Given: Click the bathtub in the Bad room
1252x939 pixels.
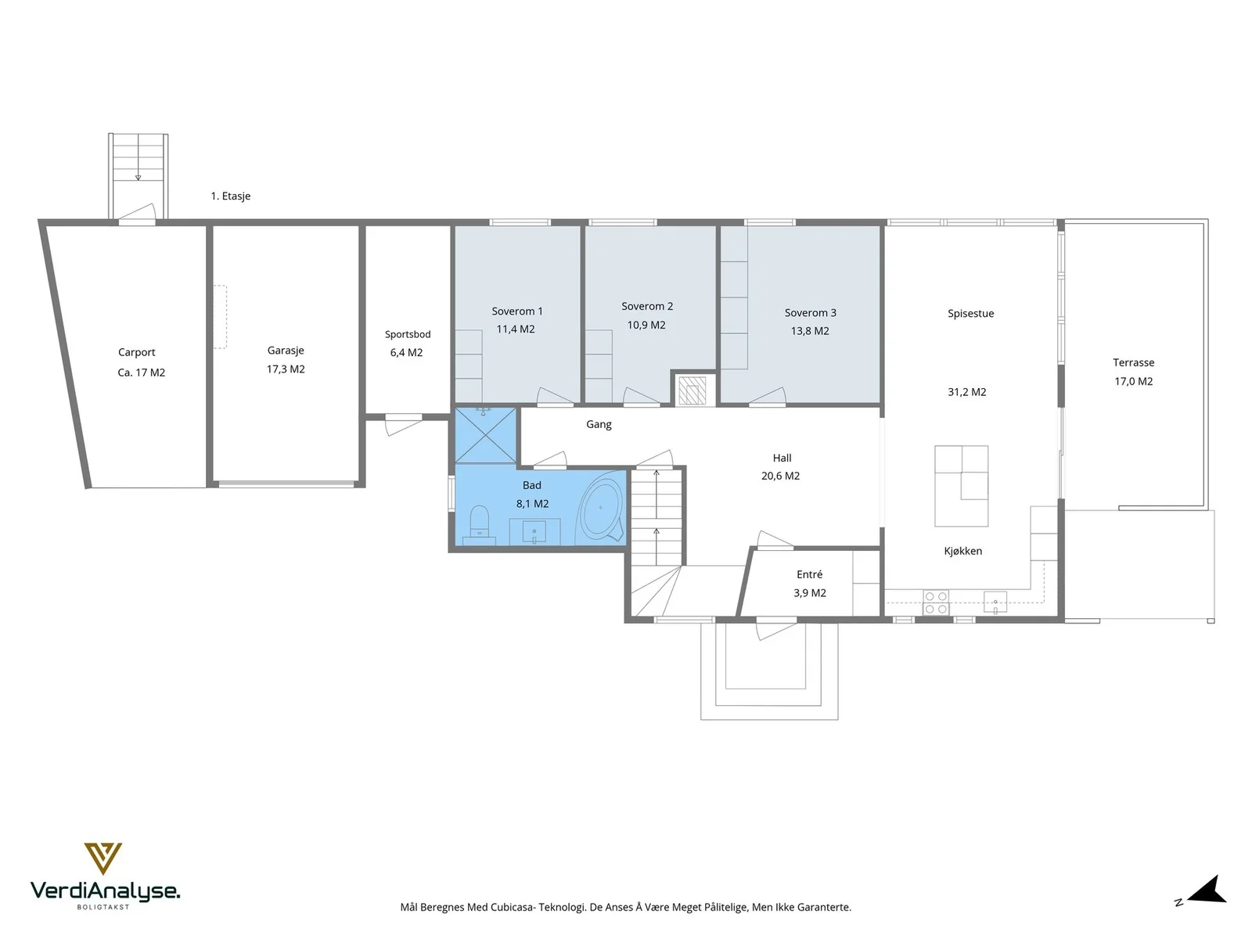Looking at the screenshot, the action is coord(603,507).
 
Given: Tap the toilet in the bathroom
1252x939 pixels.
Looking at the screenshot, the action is coord(479,521).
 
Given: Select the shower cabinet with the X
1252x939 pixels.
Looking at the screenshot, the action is coord(485,435).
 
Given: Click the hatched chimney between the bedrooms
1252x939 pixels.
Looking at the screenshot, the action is coord(692,390).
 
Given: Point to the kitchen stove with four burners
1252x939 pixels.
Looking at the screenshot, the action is coord(935,603).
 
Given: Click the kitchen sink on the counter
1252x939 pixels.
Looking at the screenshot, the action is coord(995,603).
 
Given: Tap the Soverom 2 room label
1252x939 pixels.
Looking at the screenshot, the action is coord(647,306).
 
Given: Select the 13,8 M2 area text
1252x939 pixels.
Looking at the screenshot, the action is coord(809,331).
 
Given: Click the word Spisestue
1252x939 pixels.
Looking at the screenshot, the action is coord(970,313).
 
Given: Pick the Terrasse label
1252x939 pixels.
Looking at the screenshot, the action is coord(1133,362).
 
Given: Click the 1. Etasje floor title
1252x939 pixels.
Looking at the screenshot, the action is coord(230,196).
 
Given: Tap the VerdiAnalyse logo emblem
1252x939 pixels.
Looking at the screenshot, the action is coord(103,858).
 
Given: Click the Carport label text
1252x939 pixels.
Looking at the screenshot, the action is coord(136,352).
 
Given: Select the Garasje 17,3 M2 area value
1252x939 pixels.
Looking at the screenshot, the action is coord(286,369).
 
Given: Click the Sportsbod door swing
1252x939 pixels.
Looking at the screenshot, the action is coord(403,425).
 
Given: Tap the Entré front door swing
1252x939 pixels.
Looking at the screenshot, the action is coord(775,629).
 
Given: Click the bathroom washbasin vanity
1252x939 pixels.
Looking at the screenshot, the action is coord(534,531).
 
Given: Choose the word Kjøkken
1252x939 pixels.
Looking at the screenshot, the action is coord(962,551).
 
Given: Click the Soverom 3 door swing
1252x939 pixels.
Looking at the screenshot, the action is coord(767,396).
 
